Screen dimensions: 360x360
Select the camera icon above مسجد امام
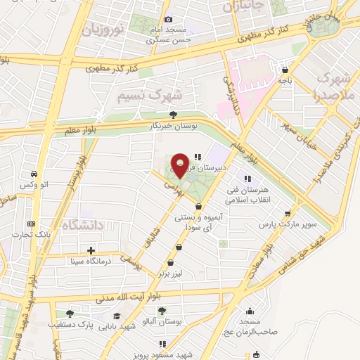click(168, 20)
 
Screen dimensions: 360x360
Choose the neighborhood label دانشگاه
click(82, 225)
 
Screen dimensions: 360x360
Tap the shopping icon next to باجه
click(284, 70)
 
